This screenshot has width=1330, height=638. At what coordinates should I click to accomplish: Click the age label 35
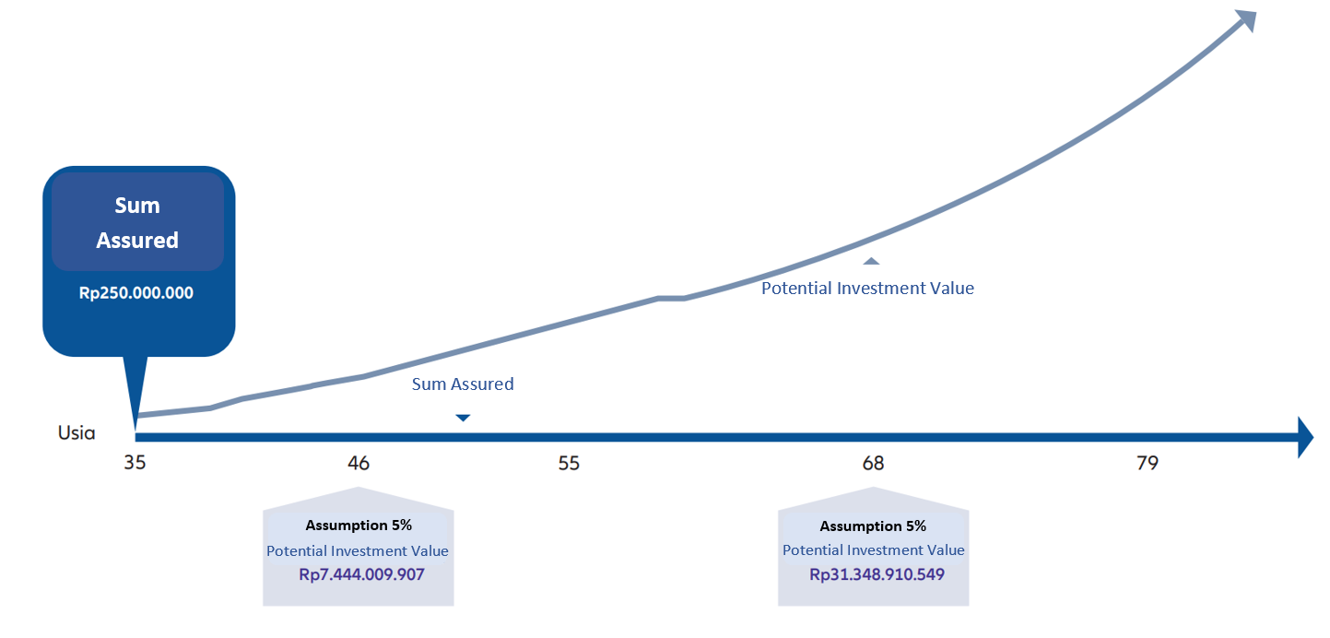pos(135,463)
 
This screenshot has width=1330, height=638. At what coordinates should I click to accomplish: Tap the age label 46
pos(359,463)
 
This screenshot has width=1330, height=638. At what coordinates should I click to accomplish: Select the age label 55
pos(569,463)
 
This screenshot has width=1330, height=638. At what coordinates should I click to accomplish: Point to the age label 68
pos(873,463)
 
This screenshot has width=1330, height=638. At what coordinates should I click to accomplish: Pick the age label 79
pos(1148,463)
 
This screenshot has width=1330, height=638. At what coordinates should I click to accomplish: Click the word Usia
pos(77,432)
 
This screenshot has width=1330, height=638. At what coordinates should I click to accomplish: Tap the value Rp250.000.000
pos(136,293)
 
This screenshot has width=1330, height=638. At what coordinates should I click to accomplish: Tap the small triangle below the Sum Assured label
pos(463,418)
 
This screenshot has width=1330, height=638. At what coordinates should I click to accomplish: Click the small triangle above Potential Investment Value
pos(871,261)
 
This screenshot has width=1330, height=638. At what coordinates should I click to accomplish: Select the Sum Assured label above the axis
pos(463,384)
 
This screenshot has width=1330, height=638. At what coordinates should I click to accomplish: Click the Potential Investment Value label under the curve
pos(867,288)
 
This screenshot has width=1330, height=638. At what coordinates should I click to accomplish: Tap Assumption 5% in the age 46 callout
pos(359,526)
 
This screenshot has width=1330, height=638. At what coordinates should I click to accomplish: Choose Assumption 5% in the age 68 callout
pos(873,526)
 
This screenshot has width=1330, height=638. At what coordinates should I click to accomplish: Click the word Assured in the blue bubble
pos(137,240)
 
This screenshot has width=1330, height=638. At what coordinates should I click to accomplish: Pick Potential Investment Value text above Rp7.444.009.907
pos(358,550)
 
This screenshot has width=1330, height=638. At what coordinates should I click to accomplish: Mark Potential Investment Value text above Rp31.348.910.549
pos(874,549)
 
